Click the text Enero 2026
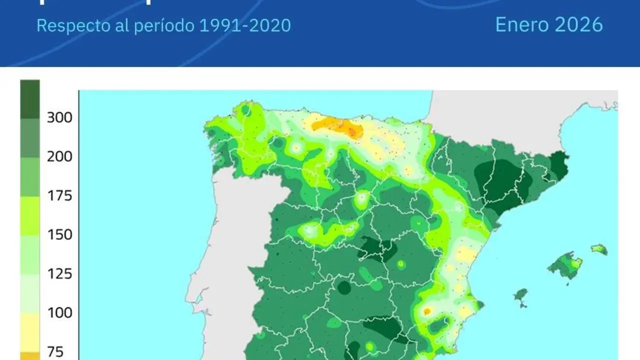tap(548, 24)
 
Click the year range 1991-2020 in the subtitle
tap(245, 25)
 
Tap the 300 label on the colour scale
tap(59, 118)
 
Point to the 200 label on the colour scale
tap(59, 157)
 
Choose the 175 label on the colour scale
tap(59, 196)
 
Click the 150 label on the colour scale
tap(59, 235)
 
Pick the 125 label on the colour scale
tap(59, 274)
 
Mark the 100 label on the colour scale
tap(59, 313)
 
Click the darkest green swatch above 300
tap(30, 99)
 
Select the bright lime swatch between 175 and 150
tap(30, 215)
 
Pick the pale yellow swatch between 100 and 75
tap(30, 332)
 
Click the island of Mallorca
tap(566, 265)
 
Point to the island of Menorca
tap(598, 249)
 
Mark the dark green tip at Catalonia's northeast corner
tap(559, 164)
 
